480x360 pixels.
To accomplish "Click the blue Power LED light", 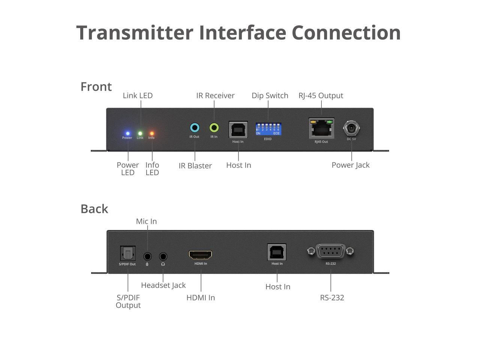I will pos(127,133).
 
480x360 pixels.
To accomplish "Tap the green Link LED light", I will pos(140,133).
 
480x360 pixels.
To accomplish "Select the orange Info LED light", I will pos(152,133).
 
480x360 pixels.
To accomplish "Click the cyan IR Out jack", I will pos(195,127).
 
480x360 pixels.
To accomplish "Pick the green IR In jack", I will pos(214,127).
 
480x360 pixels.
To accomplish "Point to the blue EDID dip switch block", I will pos(268,129).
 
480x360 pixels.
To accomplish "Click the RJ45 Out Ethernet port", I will pos(321,129).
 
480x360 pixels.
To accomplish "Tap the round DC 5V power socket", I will pos(351,128).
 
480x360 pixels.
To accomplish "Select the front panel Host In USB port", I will pos(238,130).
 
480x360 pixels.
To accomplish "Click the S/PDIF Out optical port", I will pos(127,253).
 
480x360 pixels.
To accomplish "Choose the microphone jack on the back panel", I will pos(147,256).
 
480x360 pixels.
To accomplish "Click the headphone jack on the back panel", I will pos(163,256).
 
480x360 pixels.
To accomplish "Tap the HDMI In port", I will pos(200,255).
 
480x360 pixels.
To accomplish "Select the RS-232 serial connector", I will pos(331,251).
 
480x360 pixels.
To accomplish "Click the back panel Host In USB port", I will pos(277,252).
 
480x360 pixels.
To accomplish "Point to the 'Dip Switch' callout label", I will pos(270,96).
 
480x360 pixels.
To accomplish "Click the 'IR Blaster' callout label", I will pos(195,166).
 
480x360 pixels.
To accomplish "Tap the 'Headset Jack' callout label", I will pos(163,285).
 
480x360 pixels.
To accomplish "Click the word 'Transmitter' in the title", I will pos(135,33).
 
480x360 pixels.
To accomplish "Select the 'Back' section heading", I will pos(94,209).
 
